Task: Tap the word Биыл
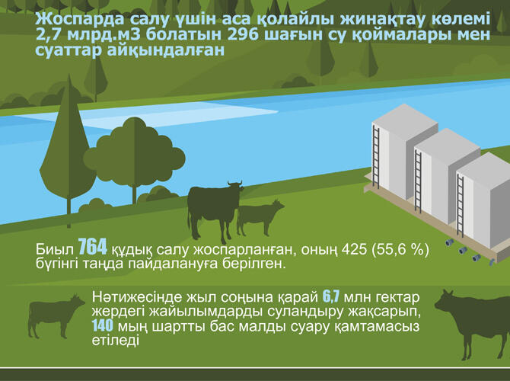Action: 54,251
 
